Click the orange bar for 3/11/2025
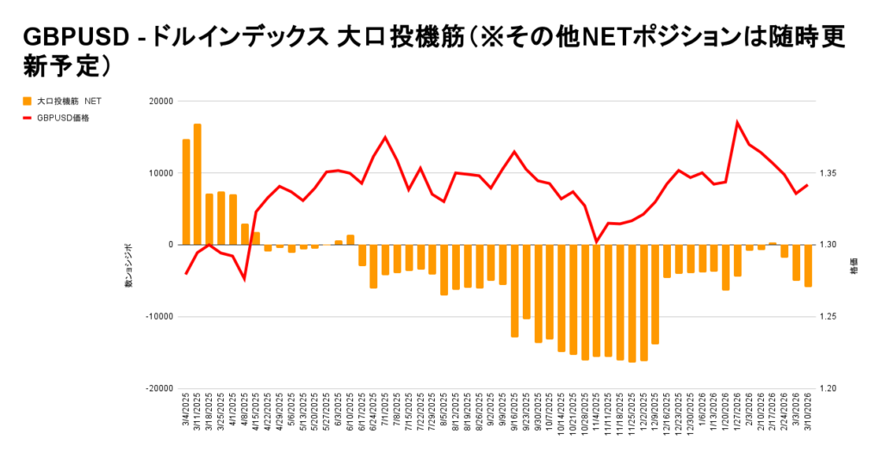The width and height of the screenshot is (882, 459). pyautogui.click(x=197, y=184)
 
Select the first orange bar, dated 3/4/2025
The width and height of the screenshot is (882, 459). pyautogui.click(x=186, y=192)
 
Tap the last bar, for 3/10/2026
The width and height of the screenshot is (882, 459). pyautogui.click(x=808, y=265)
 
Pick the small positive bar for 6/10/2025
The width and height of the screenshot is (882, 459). pyautogui.click(x=351, y=239)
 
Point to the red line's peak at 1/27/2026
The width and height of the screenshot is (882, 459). pyautogui.click(x=737, y=122)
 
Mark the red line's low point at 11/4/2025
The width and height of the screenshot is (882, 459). pyautogui.click(x=596, y=242)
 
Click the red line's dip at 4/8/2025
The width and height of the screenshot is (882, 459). pyautogui.click(x=245, y=279)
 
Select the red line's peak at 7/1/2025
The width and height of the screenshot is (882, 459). pyautogui.click(x=385, y=137)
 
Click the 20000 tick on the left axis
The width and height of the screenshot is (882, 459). pyautogui.click(x=161, y=101)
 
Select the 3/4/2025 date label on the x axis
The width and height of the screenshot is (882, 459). pyautogui.click(x=186, y=412)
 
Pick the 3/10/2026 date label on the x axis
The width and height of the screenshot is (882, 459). pyautogui.click(x=808, y=412)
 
